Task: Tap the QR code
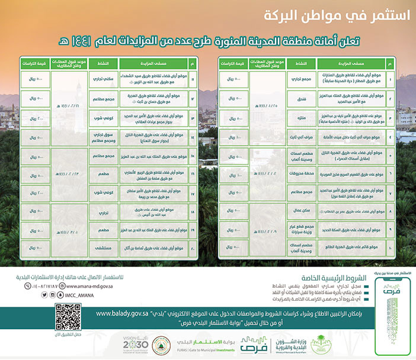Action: coord(68,315)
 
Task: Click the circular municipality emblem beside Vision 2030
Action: coord(161,343)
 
